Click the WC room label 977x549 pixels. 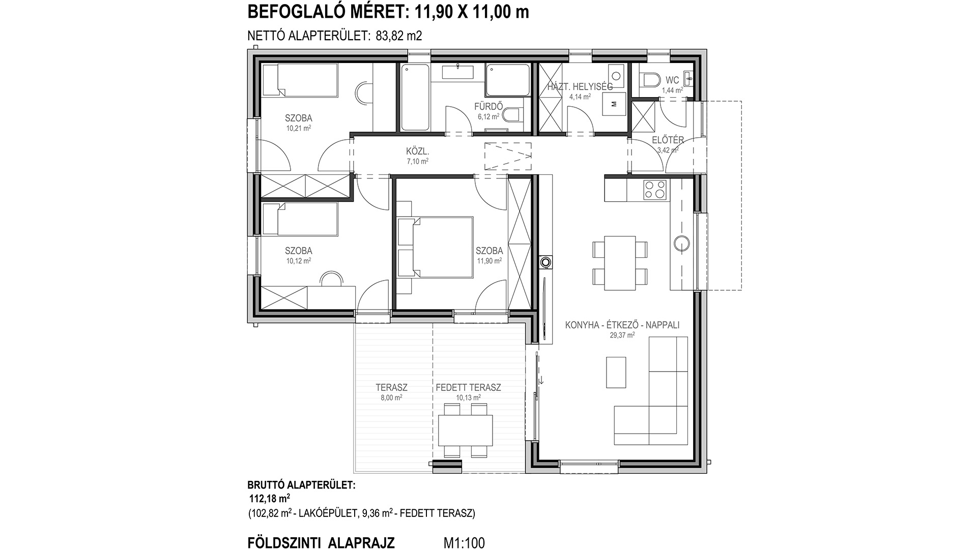pos(672,80)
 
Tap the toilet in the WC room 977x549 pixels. pos(650,80)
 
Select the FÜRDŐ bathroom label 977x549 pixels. pos(489,107)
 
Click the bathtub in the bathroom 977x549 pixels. pos(415,97)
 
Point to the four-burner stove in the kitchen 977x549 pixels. pos(655,190)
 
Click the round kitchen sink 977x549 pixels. pos(681,243)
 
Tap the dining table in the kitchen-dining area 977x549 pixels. pos(620,263)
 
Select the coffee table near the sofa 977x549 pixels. pos(616,372)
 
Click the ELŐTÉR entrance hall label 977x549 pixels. pos(668,140)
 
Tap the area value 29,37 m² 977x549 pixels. pos(622,335)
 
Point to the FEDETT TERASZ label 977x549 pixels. pos(468,387)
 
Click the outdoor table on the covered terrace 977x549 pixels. pos(466,431)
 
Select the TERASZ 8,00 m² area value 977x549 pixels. pos(391,398)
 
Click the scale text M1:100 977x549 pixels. pos(465,543)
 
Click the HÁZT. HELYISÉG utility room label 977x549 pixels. pos(580,87)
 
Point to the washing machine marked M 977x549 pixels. pos(613,104)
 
